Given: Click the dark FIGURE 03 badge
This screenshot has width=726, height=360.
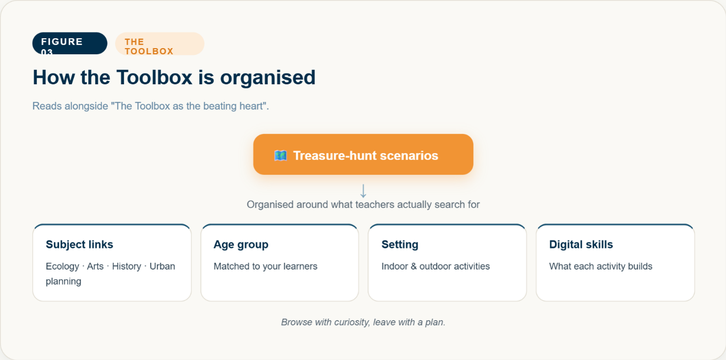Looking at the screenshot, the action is (70, 43).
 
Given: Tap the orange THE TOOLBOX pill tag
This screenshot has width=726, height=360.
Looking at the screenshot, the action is (160, 44).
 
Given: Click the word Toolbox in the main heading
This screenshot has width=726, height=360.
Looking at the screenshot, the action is (155, 77).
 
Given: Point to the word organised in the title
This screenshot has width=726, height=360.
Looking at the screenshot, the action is (268, 78).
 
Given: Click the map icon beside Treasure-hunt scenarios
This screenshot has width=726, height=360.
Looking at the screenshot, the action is (281, 155).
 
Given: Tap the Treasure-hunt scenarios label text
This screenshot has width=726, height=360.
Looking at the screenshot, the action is (366, 155).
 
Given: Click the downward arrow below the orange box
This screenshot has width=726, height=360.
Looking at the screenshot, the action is (363, 191).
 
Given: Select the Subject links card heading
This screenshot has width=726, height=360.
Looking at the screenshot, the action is (80, 244).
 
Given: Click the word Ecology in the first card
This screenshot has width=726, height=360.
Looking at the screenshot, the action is (62, 267).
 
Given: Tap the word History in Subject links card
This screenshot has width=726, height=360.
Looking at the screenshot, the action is (127, 267).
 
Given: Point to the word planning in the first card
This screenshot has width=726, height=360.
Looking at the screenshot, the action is (64, 281).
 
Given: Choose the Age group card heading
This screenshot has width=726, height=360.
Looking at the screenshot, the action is (241, 245).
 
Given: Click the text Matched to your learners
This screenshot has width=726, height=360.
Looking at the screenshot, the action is (266, 267).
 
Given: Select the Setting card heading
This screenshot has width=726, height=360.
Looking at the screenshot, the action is (400, 245).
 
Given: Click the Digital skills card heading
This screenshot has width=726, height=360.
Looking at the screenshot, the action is (581, 244).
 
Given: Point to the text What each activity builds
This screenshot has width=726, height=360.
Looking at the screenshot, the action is (600, 267).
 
